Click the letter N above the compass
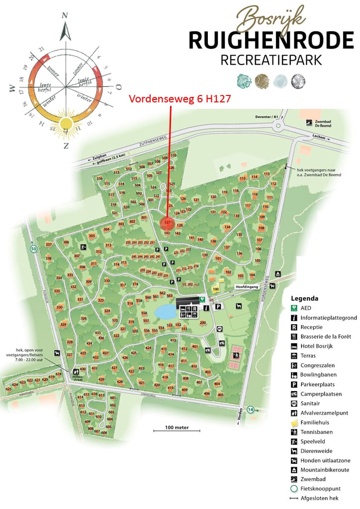(64, 15)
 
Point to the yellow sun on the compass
(66, 124)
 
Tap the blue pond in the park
(165, 312)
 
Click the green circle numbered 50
(33, 249)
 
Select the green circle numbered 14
(251, 409)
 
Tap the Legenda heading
(305, 299)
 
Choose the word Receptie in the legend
(311, 327)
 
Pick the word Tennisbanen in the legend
(316, 432)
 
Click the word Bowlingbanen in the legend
(318, 375)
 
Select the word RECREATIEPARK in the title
(270, 60)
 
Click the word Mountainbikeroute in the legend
(325, 470)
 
